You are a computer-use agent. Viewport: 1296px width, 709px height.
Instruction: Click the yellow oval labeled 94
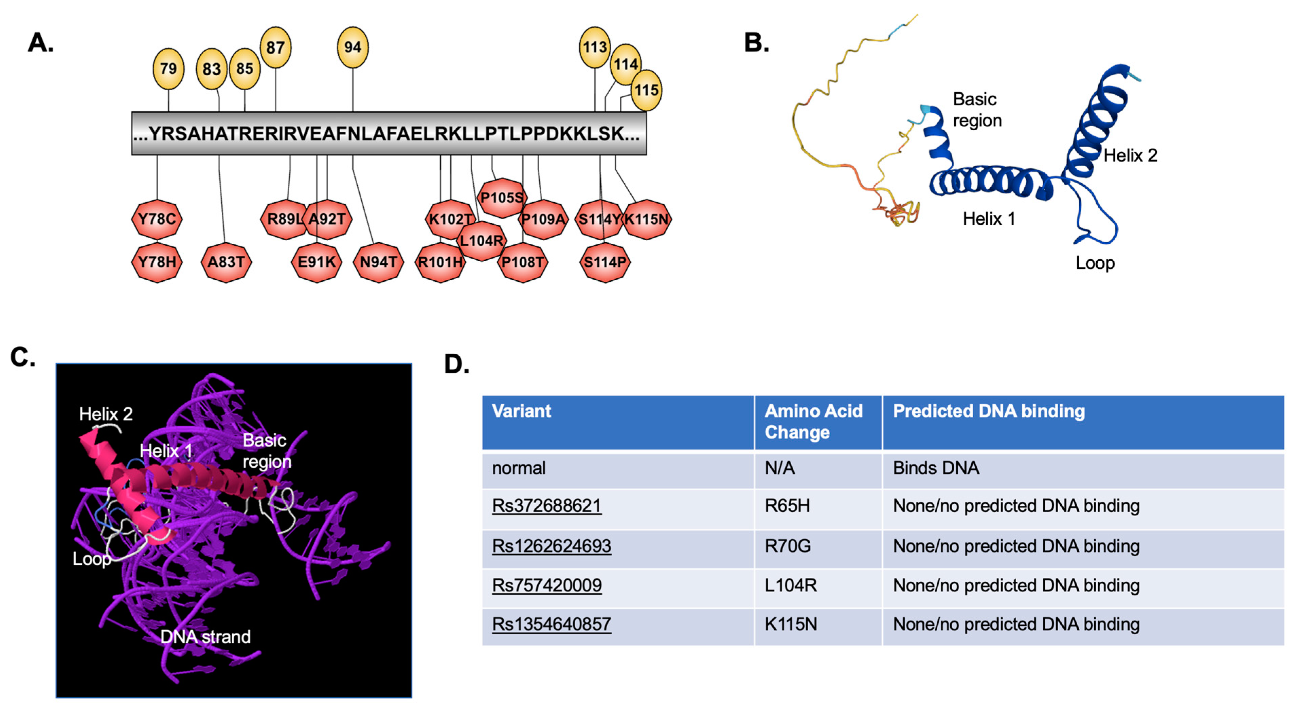tap(353, 47)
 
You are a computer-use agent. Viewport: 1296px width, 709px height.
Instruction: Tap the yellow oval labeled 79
tap(168, 68)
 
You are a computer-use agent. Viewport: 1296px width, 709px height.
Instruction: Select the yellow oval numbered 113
tap(595, 47)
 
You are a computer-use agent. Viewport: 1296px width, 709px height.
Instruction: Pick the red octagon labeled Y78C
tap(157, 219)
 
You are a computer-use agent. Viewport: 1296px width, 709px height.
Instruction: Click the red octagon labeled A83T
tap(226, 262)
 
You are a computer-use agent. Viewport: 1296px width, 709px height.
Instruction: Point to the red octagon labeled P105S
tap(502, 198)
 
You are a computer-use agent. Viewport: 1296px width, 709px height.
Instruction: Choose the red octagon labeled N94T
tap(378, 262)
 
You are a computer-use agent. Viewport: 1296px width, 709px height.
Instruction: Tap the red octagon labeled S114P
tap(605, 262)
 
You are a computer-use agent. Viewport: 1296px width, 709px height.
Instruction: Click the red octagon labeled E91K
tap(317, 262)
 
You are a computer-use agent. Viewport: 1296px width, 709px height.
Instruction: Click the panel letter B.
tap(756, 43)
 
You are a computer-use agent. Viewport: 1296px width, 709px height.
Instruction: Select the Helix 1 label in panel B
tap(989, 219)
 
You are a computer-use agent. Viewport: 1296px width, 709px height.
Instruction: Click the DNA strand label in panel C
tap(205, 637)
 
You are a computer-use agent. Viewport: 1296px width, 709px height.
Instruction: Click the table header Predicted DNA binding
tap(989, 411)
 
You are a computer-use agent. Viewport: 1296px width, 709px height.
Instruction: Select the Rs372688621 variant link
tap(546, 505)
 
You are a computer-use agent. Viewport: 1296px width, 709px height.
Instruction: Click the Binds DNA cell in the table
tap(936, 468)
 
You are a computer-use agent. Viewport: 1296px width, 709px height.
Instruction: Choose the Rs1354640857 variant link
tap(552, 624)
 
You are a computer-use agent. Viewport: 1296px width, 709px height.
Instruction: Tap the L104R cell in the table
tap(790, 585)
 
